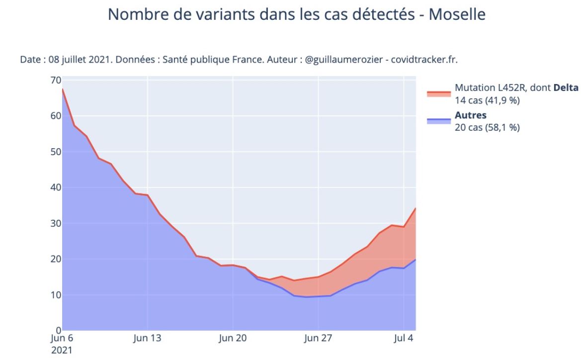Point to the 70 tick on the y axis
(55, 81)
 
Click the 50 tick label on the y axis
(55, 152)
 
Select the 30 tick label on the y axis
(55, 223)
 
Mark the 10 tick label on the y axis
(55, 295)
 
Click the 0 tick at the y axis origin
(58, 330)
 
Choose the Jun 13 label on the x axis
(147, 339)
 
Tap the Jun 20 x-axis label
(233, 339)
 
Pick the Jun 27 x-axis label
(318, 339)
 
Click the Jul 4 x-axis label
(403, 339)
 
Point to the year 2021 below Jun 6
(62, 350)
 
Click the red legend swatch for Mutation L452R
(438, 93)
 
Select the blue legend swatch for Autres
(438, 121)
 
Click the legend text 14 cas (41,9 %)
(487, 100)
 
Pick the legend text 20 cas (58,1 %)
(487, 127)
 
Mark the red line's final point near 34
(415, 208)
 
